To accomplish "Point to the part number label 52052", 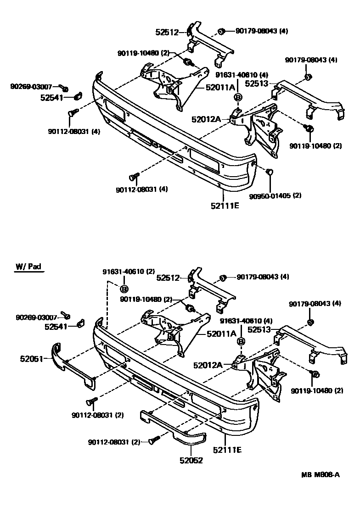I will click(x=190, y=460).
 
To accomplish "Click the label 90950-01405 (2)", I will click(x=276, y=195).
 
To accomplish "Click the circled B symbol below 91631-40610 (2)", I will click(x=124, y=289).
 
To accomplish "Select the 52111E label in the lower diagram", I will click(x=227, y=450).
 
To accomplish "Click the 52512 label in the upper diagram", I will click(x=167, y=32).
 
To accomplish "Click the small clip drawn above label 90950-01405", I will click(x=270, y=172).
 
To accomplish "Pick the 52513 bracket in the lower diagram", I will click(x=312, y=342).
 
